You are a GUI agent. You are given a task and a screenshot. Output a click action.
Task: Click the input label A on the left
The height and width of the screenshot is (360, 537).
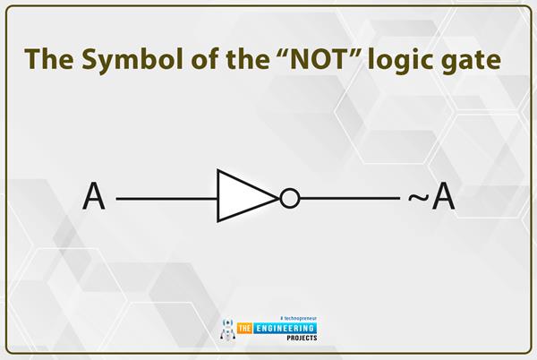(94, 197)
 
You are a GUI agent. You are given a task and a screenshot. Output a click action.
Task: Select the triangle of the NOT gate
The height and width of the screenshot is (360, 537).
(240, 197)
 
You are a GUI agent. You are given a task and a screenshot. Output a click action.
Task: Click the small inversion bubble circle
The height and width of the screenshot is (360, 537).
(289, 198)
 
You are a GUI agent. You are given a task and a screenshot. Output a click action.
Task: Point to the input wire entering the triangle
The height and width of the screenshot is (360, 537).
(166, 198)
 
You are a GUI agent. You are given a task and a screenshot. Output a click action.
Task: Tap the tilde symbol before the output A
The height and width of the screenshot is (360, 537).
(416, 198)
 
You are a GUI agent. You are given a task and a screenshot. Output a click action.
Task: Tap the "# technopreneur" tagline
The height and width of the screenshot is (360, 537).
(301, 318)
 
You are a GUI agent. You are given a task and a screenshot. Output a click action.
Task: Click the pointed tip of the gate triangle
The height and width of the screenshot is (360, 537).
(277, 198)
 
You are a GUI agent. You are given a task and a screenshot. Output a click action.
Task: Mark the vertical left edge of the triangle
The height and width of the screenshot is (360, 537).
(217, 197)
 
